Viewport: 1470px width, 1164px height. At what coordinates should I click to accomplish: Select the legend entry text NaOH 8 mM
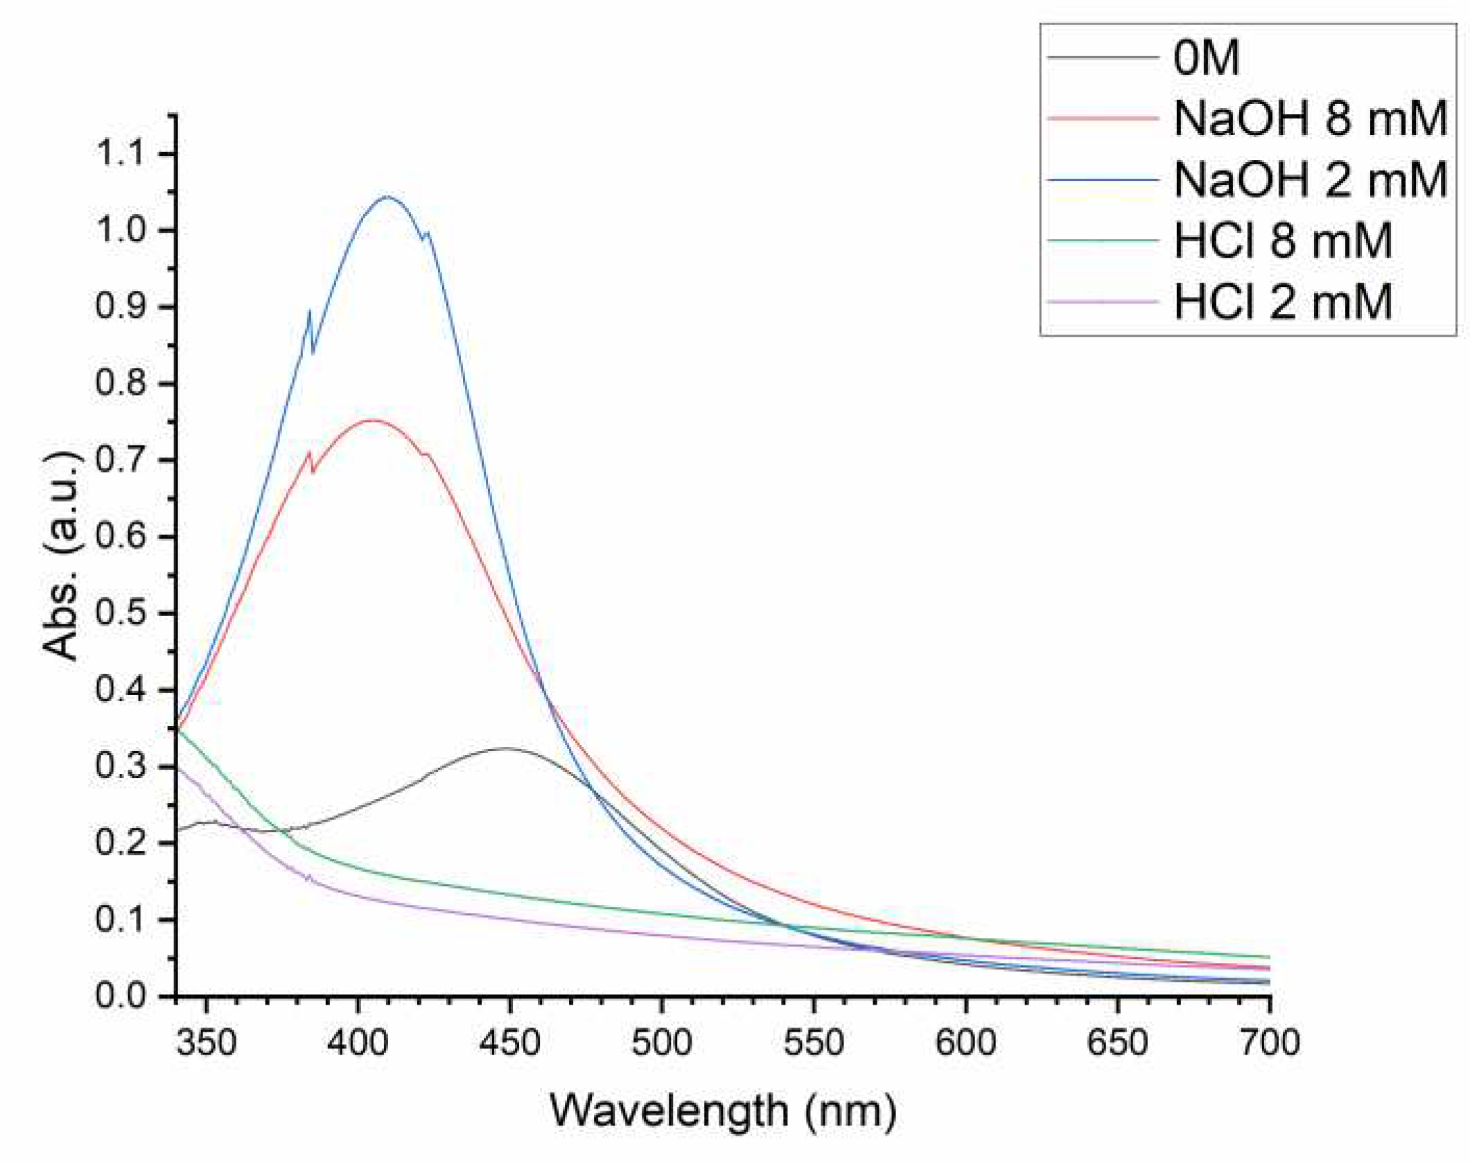tap(1310, 118)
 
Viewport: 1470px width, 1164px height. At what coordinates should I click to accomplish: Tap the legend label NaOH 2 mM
tap(1310, 179)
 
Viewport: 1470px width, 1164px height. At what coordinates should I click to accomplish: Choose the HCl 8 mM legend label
tap(1282, 240)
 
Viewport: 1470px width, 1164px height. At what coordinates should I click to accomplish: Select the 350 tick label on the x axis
tap(206, 1042)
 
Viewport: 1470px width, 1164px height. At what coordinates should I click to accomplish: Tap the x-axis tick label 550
tap(814, 1042)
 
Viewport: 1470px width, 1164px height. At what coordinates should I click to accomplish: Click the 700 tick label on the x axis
tap(1269, 1042)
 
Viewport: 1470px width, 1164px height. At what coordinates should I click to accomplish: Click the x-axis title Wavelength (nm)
tap(723, 1111)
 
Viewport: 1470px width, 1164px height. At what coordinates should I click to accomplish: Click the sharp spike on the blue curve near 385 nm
tap(309, 313)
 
